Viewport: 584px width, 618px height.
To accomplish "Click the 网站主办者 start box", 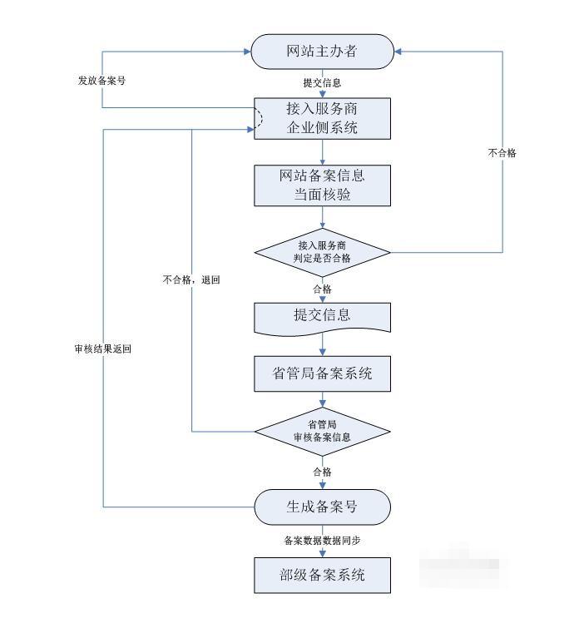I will pyautogui.click(x=322, y=52).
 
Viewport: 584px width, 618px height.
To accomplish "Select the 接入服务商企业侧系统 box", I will pyautogui.click(x=322, y=119).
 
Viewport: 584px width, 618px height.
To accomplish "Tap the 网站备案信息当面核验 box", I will pyautogui.click(x=322, y=185).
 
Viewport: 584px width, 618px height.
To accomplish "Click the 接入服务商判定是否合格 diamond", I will pyautogui.click(x=322, y=251).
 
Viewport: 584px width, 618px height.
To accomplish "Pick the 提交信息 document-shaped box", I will pyautogui.click(x=322, y=316).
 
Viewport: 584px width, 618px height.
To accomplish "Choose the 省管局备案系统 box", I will pyautogui.click(x=322, y=374).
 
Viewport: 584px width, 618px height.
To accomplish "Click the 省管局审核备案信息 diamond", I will pyautogui.click(x=322, y=432).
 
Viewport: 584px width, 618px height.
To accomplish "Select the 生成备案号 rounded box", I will pyautogui.click(x=322, y=507).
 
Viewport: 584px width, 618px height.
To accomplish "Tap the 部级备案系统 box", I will pyautogui.click(x=322, y=575).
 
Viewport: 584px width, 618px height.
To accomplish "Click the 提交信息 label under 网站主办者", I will pyautogui.click(x=322, y=83).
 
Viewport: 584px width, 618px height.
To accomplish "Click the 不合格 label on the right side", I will pyautogui.click(x=502, y=153).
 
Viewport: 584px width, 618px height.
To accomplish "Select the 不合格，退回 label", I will pyautogui.click(x=192, y=280).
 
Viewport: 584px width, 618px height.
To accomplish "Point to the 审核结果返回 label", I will pyautogui.click(x=102, y=349).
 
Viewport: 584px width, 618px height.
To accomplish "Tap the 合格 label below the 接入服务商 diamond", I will pyautogui.click(x=322, y=289).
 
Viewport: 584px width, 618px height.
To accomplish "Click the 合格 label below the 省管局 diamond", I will pyautogui.click(x=322, y=472).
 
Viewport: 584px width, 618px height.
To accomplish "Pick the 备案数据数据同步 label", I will pyautogui.click(x=322, y=541).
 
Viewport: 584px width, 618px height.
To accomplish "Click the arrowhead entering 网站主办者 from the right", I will pyautogui.click(x=398, y=52).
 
